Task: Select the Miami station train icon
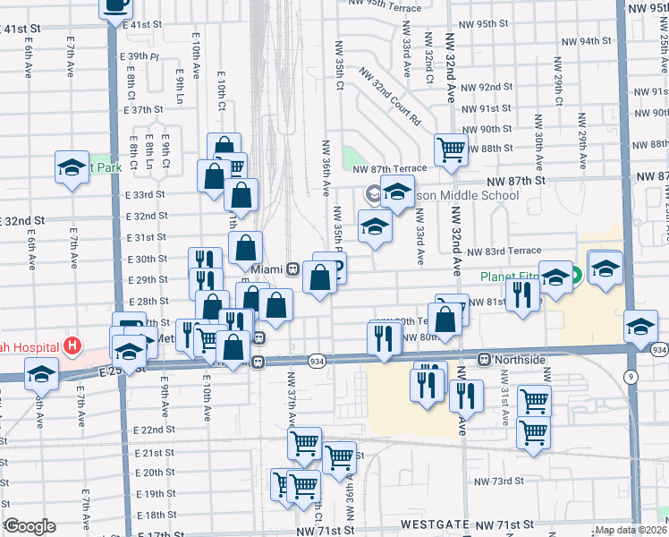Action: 292,268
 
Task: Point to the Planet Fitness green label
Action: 524,277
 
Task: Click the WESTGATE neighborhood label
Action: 434,524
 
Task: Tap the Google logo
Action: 29,526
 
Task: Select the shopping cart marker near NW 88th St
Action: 451,149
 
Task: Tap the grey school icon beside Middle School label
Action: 372,193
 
